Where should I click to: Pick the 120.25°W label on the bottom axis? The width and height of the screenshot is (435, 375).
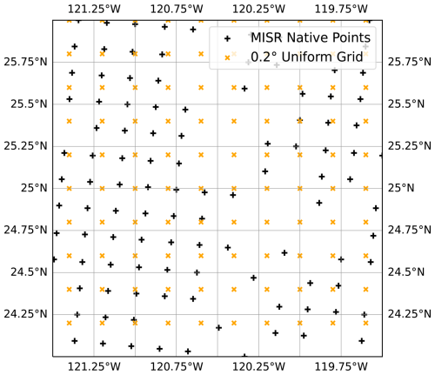260,367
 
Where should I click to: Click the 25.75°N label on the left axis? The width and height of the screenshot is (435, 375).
23,62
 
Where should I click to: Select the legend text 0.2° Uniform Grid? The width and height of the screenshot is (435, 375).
304,59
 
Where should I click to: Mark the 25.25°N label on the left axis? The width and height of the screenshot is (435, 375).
23,145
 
